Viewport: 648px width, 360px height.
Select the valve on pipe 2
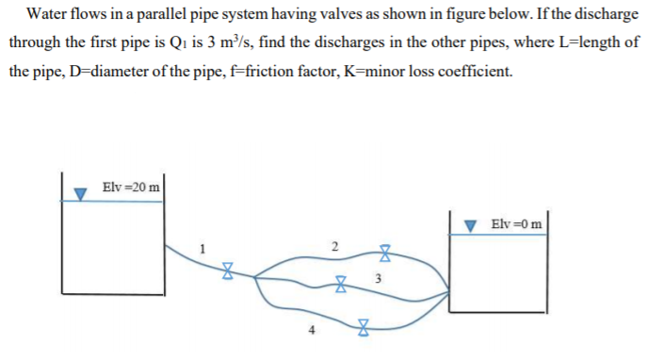point(384,252)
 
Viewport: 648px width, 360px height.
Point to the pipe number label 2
point(332,247)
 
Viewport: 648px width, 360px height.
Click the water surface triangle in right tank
point(472,227)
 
